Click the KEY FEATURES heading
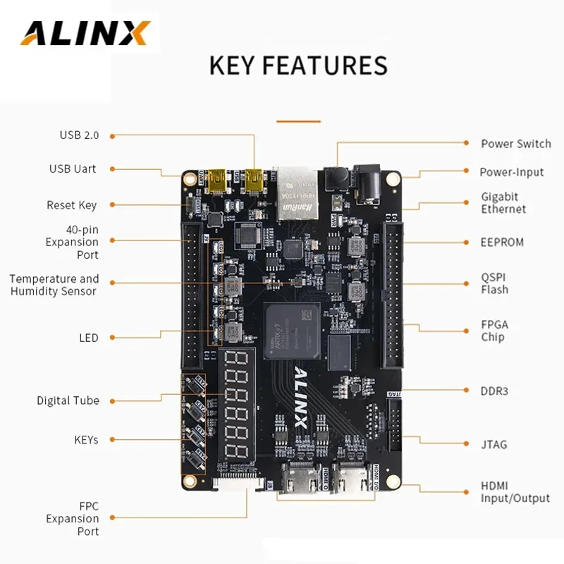coord(298,65)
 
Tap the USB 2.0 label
coord(80,135)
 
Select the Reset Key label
coord(71,205)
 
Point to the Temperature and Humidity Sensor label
coord(54,285)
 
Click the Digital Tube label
coord(68,400)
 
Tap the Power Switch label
coord(515,144)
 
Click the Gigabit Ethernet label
coord(503,203)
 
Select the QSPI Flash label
coord(494,283)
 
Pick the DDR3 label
coord(494,390)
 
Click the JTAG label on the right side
coord(494,444)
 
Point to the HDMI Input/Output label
coord(515,492)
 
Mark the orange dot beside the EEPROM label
coord(466,242)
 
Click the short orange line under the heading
coord(298,121)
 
